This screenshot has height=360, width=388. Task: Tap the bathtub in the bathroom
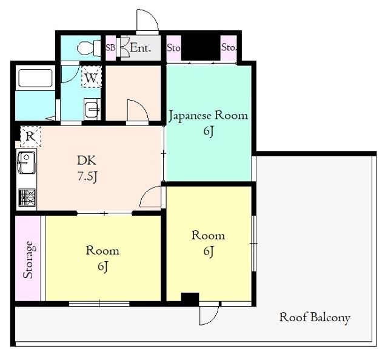(x=35, y=78)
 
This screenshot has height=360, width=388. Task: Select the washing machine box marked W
(x=92, y=77)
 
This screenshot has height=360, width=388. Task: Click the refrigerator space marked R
(x=31, y=136)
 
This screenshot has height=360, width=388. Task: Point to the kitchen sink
(x=26, y=162)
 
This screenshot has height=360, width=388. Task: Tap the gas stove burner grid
(x=27, y=198)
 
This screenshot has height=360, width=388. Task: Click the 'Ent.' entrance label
(x=140, y=47)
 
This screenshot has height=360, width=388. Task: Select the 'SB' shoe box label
(x=110, y=48)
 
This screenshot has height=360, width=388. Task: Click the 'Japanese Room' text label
(x=209, y=116)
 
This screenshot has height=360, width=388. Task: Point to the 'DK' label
(x=87, y=161)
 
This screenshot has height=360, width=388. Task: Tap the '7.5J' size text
(x=87, y=176)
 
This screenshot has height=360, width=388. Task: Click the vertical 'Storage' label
(x=28, y=259)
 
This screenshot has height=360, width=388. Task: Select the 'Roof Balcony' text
(x=315, y=317)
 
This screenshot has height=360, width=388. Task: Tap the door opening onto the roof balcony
(x=209, y=313)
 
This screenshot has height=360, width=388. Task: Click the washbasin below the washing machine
(x=92, y=109)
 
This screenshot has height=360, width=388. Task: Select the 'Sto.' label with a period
(x=229, y=47)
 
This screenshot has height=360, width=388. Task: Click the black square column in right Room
(x=190, y=299)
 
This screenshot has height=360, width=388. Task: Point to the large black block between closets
(x=201, y=48)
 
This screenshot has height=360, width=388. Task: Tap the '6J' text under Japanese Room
(x=209, y=132)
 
